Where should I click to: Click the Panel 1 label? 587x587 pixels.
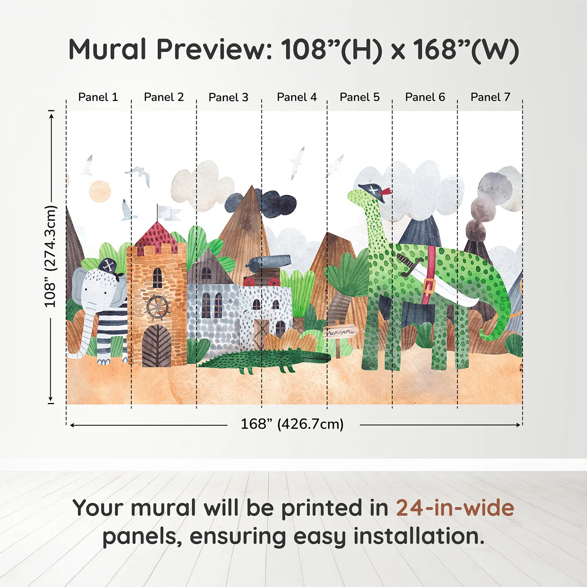[98, 97]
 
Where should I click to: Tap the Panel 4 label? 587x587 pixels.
[296, 97]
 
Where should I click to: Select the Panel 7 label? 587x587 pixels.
[490, 97]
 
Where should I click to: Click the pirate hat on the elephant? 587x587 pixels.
[109, 267]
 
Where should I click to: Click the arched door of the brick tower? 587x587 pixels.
[156, 346]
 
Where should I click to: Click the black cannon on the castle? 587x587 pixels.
[268, 262]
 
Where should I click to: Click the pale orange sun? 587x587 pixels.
[100, 191]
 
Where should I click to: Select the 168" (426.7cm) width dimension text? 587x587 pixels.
[292, 424]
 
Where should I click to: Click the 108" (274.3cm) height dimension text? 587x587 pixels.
[50, 256]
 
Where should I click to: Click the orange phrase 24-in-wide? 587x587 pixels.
[455, 508]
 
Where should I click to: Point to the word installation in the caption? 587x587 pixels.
[419, 536]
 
